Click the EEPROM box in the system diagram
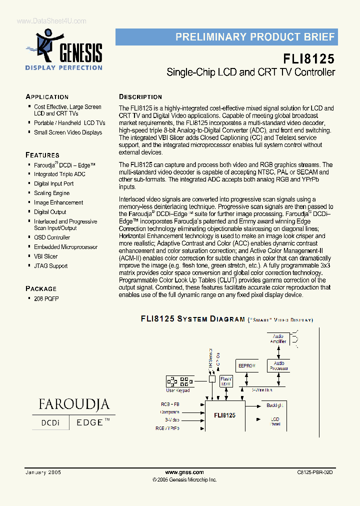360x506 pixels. pyautogui.click(x=247, y=366)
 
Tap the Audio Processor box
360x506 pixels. pyautogui.click(x=278, y=365)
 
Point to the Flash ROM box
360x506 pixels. pyautogui.click(x=226, y=381)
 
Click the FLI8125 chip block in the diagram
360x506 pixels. pyautogui.click(x=224, y=415)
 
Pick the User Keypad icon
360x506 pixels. pyautogui.click(x=178, y=381)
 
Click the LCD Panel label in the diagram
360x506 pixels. pyautogui.click(x=275, y=421)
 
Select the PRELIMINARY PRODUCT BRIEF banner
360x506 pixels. pyautogui.click(x=226, y=37)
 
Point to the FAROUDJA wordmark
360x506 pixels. pyautogui.click(x=73, y=404)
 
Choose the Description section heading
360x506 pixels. pyautogui.click(x=140, y=97)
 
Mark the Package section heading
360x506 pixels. pyautogui.click(x=41, y=288)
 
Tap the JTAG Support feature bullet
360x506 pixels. pyautogui.click(x=50, y=266)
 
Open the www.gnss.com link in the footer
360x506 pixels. pyautogui.click(x=184, y=472)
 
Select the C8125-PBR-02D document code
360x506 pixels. pyautogui.click(x=314, y=472)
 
